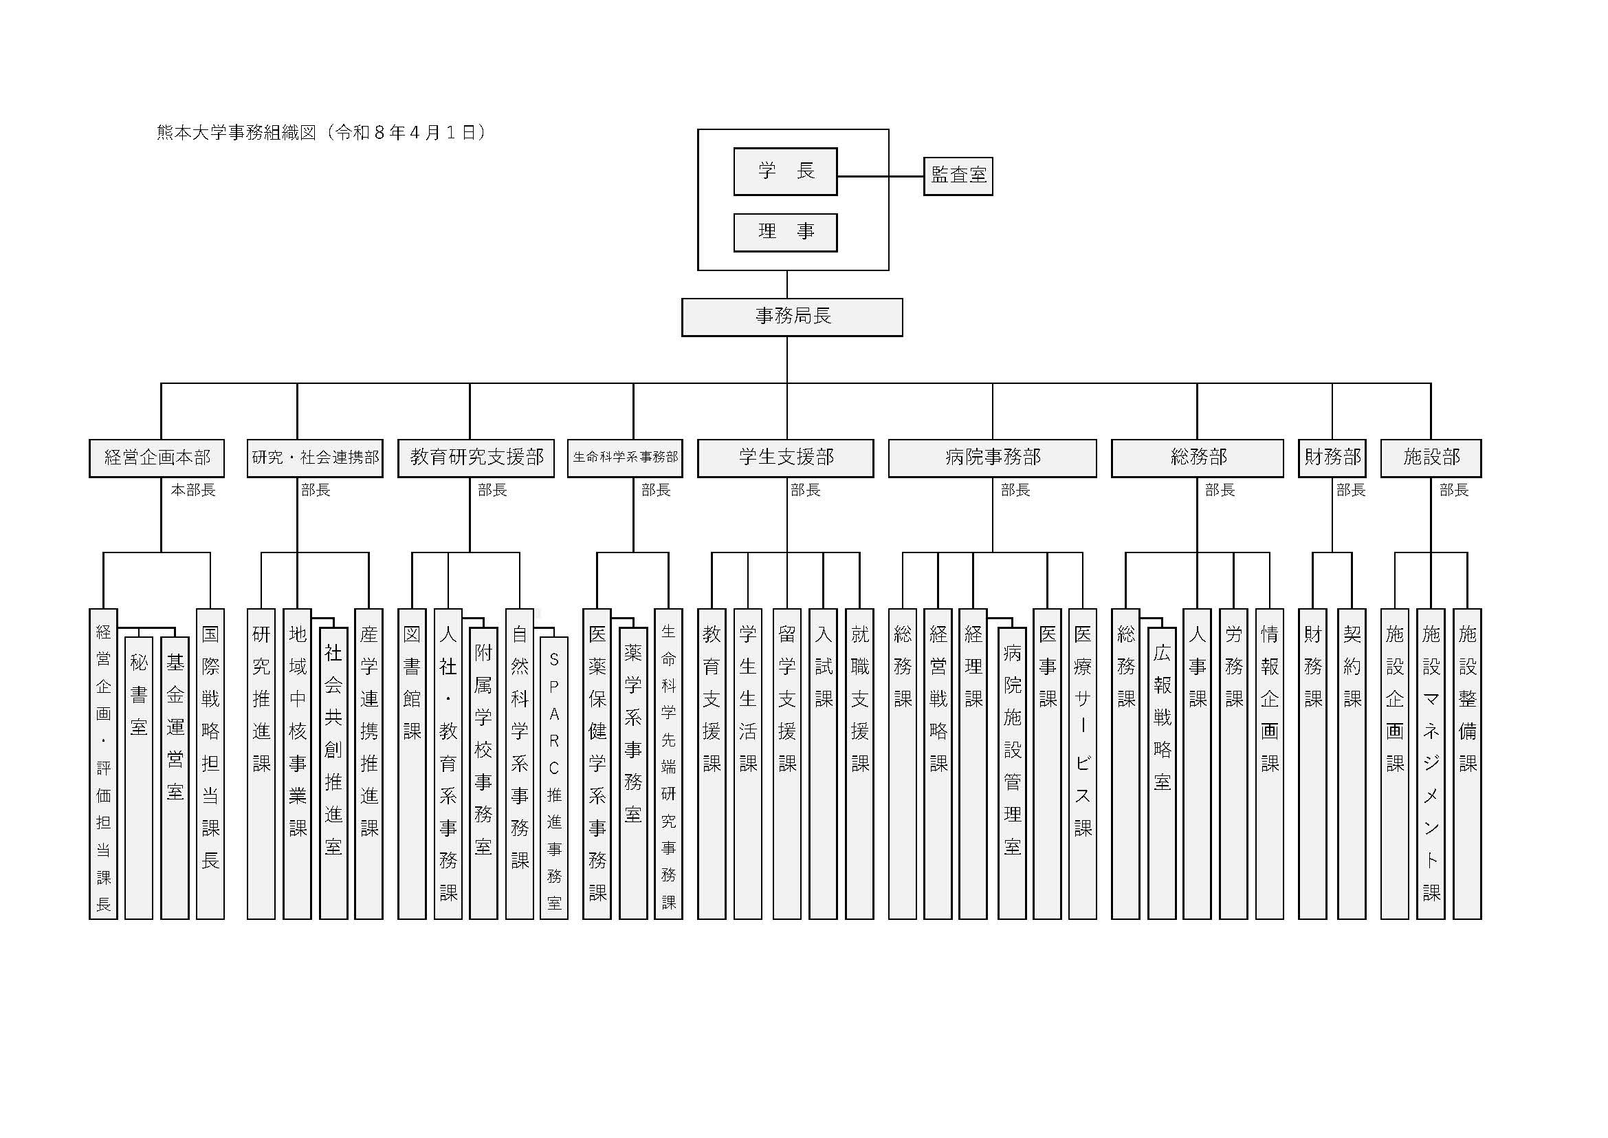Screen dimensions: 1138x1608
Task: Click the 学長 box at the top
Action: (x=785, y=171)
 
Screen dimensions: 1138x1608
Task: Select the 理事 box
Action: (x=785, y=232)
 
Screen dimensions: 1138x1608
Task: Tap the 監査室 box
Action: (x=958, y=176)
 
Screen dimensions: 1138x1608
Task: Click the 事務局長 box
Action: (x=791, y=316)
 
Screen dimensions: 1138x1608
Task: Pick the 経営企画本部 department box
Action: (x=157, y=458)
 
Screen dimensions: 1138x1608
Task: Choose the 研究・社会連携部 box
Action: (x=314, y=458)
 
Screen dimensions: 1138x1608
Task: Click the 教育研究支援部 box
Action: (x=476, y=458)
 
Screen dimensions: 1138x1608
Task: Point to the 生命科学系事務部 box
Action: (x=625, y=458)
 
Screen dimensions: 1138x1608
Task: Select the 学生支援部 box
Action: (x=785, y=458)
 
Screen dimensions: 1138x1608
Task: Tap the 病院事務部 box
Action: (x=992, y=458)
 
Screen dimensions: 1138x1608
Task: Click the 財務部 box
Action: (x=1332, y=458)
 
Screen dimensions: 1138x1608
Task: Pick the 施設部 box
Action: (x=1430, y=458)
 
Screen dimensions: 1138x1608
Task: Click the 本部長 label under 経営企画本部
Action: (x=192, y=490)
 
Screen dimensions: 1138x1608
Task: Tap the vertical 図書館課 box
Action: (x=412, y=763)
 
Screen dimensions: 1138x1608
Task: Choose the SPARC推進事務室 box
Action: (x=554, y=778)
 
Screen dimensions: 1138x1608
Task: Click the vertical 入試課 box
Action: (x=823, y=763)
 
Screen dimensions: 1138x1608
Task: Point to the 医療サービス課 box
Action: (x=1082, y=763)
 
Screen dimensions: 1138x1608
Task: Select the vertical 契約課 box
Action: (x=1351, y=763)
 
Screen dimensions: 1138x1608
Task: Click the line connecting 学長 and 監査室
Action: (x=881, y=176)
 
